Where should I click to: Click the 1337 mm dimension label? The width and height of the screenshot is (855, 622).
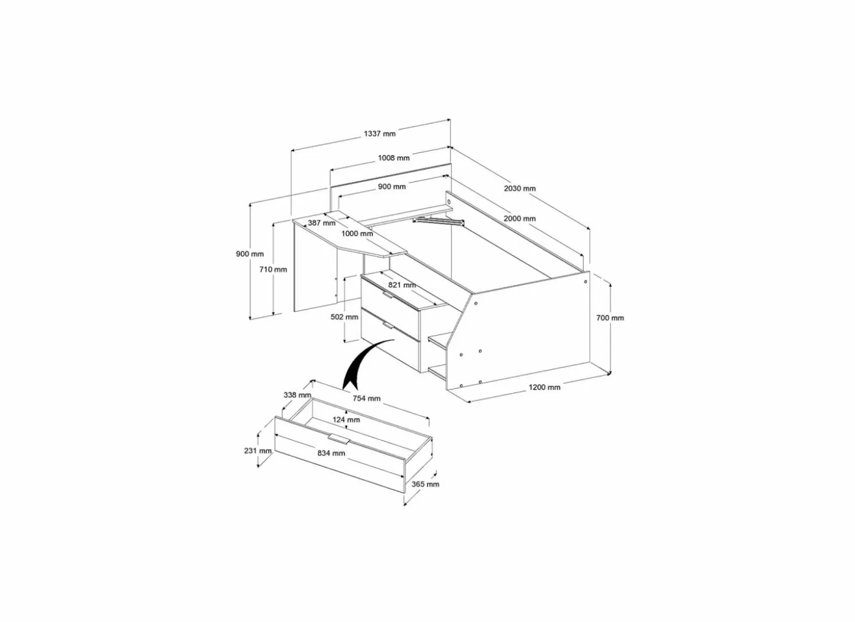pos(379,134)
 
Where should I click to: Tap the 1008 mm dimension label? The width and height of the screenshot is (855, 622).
pos(393,158)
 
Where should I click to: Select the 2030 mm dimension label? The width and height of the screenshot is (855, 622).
pos(520,188)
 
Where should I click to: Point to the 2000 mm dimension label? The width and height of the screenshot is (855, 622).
pos(520,219)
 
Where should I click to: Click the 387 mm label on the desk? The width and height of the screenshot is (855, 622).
pos(321,223)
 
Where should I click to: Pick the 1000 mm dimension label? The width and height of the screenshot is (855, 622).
pos(357,234)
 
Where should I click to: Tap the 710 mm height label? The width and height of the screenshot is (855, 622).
pos(273,269)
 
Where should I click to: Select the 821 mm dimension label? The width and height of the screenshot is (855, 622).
pos(402,285)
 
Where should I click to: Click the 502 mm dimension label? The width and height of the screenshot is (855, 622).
pos(344,317)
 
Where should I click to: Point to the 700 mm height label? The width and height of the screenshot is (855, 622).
pos(610,318)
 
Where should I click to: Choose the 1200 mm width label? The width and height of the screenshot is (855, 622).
pos(544,388)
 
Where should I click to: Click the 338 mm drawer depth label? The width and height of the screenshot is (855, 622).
pos(297,395)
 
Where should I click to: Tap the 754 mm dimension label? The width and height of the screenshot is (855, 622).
pos(366,399)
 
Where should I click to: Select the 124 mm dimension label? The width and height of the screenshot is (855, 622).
pos(346,420)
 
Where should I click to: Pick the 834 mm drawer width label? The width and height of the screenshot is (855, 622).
pos(331,454)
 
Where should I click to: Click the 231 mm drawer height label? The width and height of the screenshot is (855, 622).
pos(258,451)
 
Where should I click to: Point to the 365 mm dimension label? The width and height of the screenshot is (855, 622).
pos(425,484)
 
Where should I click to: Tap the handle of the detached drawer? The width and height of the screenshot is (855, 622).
pos(340,439)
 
